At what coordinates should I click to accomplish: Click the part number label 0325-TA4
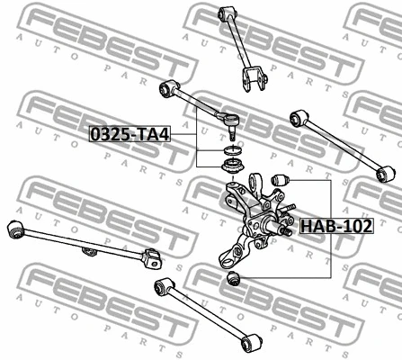tap(129, 134)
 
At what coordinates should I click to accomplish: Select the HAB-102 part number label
tap(335, 226)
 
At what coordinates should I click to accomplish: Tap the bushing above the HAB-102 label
tap(278, 182)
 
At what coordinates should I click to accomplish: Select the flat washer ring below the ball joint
tap(230, 150)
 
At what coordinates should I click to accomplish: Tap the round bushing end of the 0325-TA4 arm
tap(166, 88)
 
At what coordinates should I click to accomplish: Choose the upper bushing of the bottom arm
tap(165, 286)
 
